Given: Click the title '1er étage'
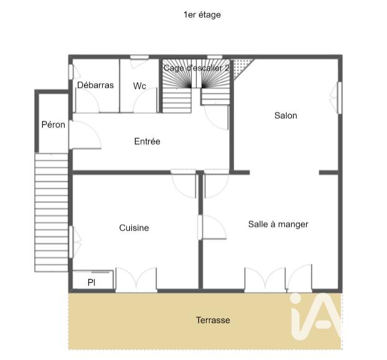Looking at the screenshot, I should tap(202, 14).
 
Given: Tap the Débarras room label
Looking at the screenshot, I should tap(95, 85).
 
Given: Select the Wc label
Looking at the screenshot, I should tap(139, 86).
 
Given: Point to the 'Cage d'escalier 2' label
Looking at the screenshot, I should tap(197, 67).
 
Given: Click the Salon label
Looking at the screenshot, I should tap(286, 115).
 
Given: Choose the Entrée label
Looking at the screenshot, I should tap(147, 141).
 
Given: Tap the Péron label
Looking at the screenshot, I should tap(53, 125).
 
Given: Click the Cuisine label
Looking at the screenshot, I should tap(134, 228).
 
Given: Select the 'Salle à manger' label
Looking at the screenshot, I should tap(278, 224).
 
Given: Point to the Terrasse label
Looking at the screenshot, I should tap(213, 320).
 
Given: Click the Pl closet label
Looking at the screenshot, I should tap(91, 282).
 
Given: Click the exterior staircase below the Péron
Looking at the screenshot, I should tap(51, 212).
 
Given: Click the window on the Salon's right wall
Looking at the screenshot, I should tap(339, 97).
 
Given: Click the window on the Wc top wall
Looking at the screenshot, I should tap(139, 58).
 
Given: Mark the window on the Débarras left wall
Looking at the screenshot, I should tap(70, 73).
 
